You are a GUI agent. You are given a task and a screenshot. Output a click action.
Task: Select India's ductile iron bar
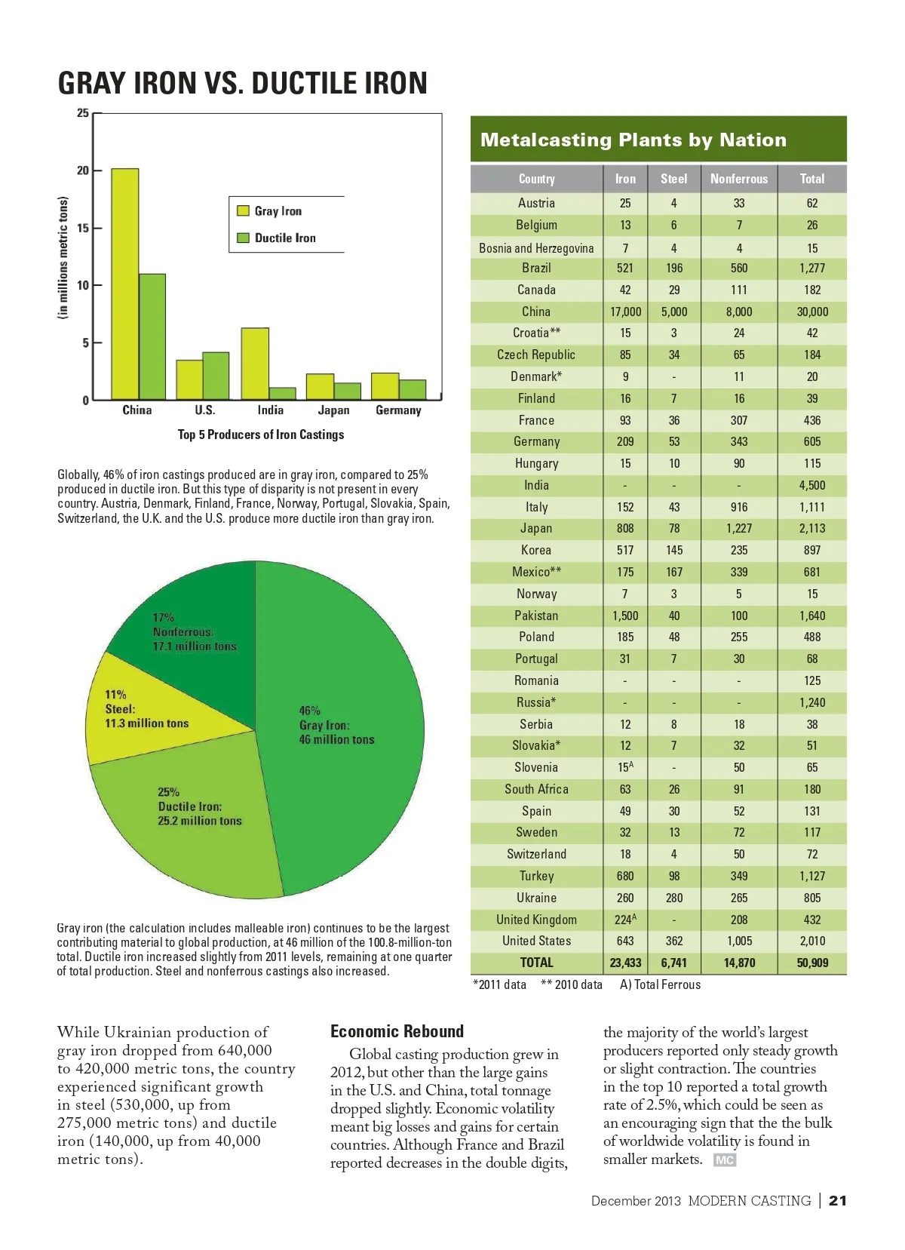(283, 393)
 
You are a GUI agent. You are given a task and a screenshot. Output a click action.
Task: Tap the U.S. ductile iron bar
(216, 376)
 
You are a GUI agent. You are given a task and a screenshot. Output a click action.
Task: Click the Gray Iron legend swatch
(243, 211)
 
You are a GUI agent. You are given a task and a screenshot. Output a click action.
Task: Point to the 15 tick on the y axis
(83, 228)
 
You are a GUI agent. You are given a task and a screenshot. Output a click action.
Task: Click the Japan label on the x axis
(333, 410)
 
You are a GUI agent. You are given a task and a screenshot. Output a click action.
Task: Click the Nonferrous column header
(738, 179)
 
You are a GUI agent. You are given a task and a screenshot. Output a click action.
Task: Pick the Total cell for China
(811, 312)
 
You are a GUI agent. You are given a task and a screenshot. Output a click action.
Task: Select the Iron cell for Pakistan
(625, 616)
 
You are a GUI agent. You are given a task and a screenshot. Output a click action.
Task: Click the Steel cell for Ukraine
(673, 898)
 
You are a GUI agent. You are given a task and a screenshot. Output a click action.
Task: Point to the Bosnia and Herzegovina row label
(536, 248)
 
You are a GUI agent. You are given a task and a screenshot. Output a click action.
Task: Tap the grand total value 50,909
(811, 963)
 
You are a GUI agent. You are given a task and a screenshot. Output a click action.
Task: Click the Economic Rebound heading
(397, 1031)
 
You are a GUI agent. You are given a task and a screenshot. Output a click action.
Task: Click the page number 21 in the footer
(837, 1200)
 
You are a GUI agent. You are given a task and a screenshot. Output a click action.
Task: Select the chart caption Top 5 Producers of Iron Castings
(260, 435)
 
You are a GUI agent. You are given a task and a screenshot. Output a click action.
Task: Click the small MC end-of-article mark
(724, 1160)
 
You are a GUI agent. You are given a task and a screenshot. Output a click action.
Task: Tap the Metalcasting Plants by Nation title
(633, 140)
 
